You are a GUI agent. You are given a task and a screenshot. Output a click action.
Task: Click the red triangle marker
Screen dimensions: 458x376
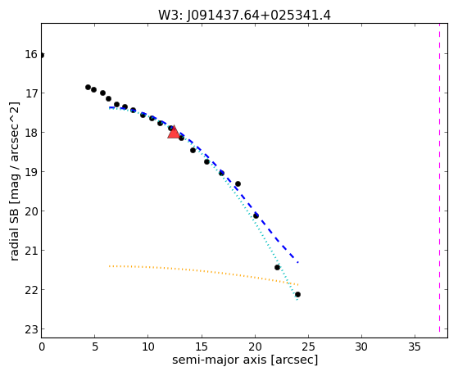click(174, 133)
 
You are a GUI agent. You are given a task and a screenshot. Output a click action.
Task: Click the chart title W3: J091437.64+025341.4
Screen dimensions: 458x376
click(244, 16)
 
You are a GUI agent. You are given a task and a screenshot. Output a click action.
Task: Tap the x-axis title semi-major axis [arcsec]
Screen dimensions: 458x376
click(245, 360)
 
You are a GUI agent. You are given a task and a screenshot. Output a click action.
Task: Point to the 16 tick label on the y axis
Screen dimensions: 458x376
click(31, 54)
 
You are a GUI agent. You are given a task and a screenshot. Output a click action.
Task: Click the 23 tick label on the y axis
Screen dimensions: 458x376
click(31, 329)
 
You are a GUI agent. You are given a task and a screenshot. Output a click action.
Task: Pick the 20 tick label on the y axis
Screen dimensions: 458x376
click(31, 211)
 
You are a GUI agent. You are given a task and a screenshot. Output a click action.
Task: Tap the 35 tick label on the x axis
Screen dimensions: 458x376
click(415, 347)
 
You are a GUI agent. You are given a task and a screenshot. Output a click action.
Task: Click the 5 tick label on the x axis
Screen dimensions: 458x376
click(95, 347)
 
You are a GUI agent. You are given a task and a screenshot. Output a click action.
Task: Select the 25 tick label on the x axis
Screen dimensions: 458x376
click(308, 347)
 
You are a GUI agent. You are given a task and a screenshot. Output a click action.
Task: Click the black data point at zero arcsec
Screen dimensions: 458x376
click(42, 55)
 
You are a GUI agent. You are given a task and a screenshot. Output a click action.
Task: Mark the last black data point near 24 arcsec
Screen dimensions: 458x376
click(297, 294)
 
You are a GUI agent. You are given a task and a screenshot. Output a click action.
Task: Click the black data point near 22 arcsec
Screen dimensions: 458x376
click(277, 267)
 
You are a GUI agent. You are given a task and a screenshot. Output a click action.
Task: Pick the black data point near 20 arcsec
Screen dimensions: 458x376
click(256, 216)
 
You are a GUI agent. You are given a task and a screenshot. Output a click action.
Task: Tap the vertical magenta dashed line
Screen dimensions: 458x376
click(439, 178)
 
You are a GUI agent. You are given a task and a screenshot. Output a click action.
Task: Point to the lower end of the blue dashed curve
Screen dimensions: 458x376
click(298, 263)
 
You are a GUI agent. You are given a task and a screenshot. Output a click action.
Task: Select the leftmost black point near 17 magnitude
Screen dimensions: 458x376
click(88, 87)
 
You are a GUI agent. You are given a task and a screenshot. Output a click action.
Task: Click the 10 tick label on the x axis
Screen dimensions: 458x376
click(147, 347)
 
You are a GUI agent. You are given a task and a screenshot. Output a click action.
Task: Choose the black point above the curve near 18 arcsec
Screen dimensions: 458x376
click(238, 183)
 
